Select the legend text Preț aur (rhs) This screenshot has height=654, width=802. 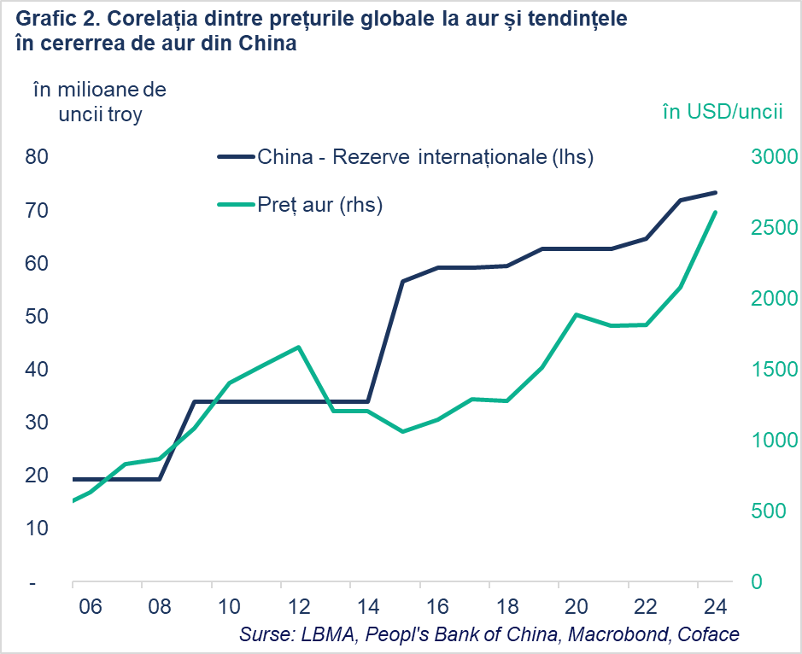319,205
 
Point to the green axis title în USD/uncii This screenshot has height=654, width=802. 723,113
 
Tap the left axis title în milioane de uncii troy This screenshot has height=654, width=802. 99,102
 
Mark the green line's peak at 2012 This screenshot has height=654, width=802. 298,347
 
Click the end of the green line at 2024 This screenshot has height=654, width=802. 715,213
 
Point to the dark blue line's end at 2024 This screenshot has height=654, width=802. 715,193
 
